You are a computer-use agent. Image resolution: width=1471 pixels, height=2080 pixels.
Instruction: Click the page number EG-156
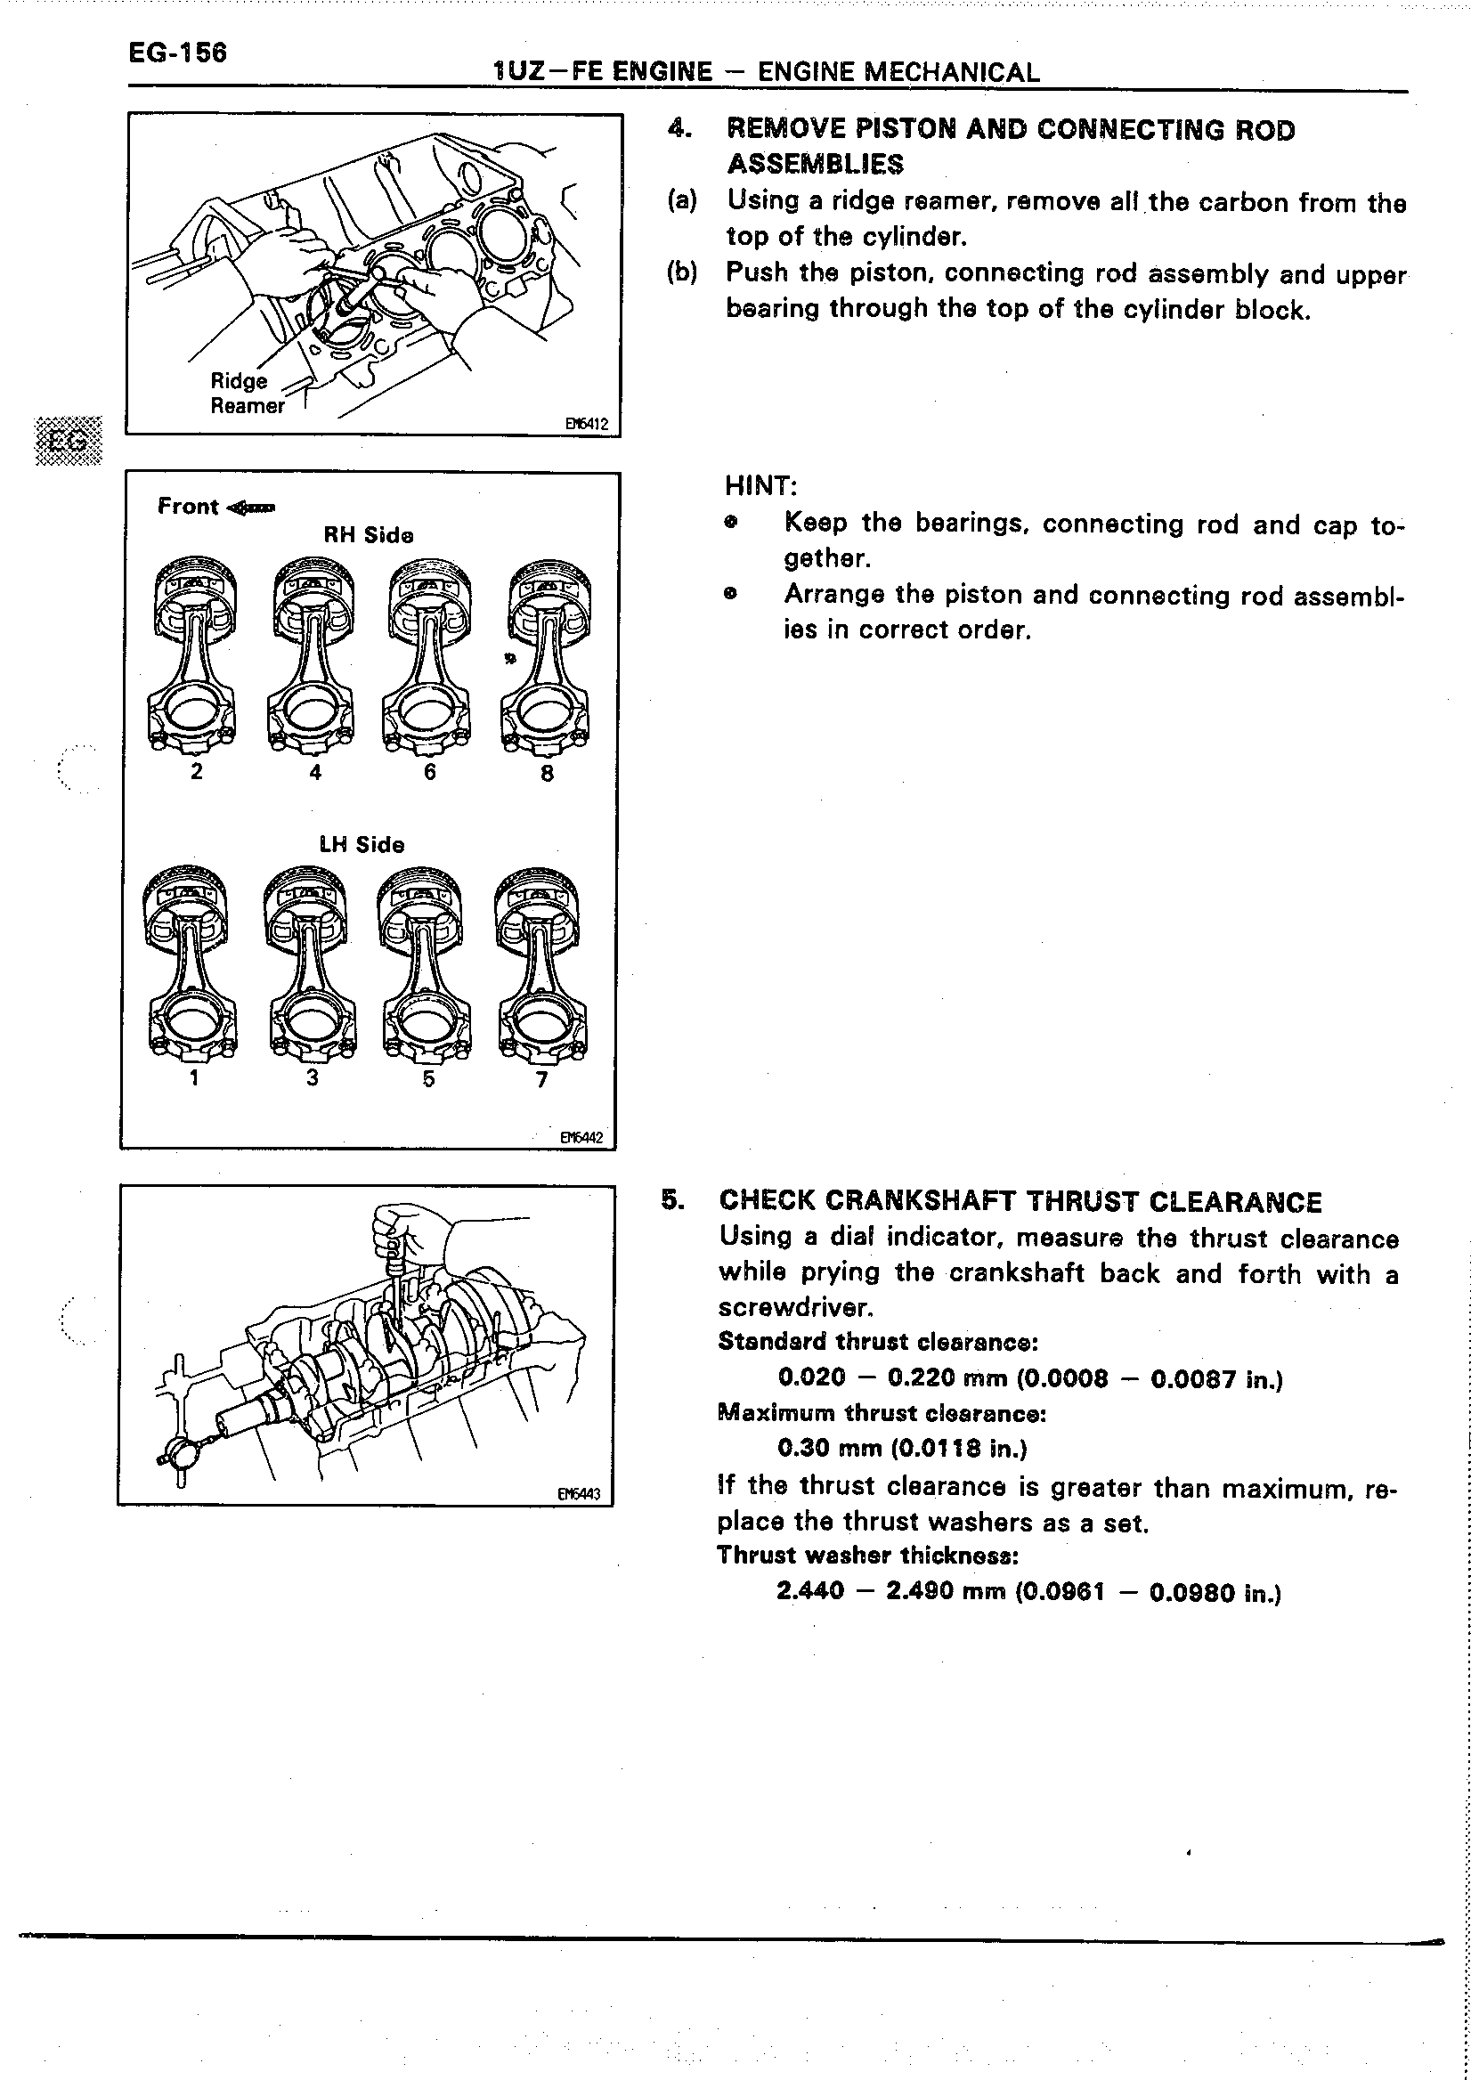coord(177,53)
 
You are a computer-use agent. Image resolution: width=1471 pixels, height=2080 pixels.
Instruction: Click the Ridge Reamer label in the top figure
coord(247,394)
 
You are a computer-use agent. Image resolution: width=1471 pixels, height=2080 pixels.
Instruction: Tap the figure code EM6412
coord(586,423)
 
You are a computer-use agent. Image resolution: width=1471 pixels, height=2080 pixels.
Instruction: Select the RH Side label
coord(369,535)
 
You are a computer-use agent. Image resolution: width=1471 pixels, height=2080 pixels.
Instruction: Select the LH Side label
coord(362,844)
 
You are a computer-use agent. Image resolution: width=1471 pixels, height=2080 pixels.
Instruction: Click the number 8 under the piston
coord(547,773)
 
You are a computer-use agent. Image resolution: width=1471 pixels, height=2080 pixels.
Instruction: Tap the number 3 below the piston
coord(313,1077)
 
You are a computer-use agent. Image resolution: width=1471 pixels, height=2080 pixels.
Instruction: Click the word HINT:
coord(760,486)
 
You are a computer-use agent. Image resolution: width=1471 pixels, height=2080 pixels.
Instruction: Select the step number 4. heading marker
coord(679,128)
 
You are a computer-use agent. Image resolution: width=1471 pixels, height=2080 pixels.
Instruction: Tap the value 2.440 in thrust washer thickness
coord(809,1591)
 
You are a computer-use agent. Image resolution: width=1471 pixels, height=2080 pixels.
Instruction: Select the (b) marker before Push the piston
coord(682,272)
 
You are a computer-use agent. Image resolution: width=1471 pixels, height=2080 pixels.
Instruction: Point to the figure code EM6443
coord(579,1494)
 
